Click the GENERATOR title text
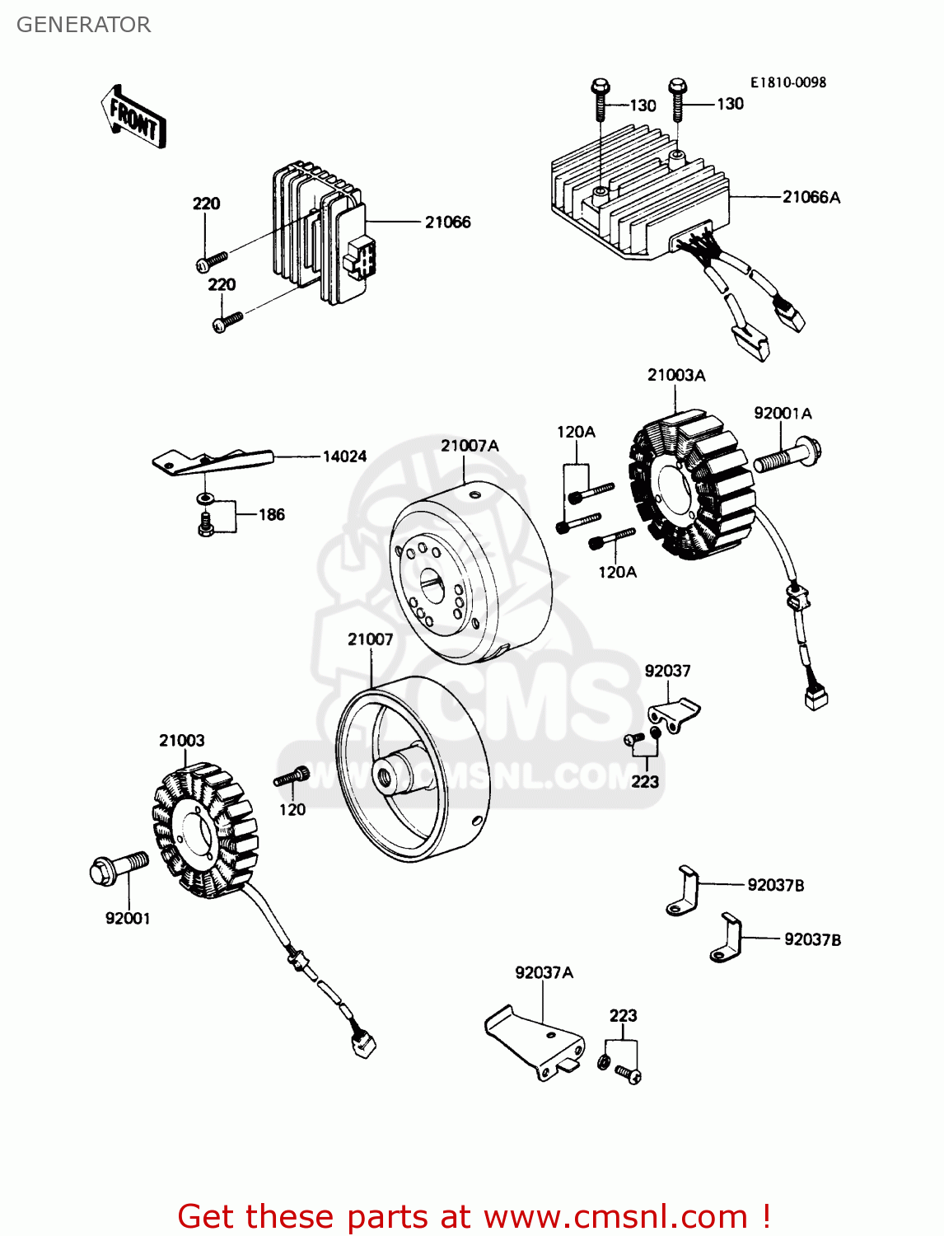pos(83,25)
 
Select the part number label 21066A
pos(811,197)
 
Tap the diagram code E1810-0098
pos(787,82)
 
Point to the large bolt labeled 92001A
pos(787,456)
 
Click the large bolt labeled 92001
pos(118,868)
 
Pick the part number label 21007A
pos(470,446)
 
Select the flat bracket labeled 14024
pos(212,461)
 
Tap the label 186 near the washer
pos(271,515)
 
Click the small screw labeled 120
pos(292,776)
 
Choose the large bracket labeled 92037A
pos(535,1040)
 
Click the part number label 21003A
pos(676,376)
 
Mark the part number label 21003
pos(181,741)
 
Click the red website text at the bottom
pos(474,1216)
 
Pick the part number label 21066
pos(447,222)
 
